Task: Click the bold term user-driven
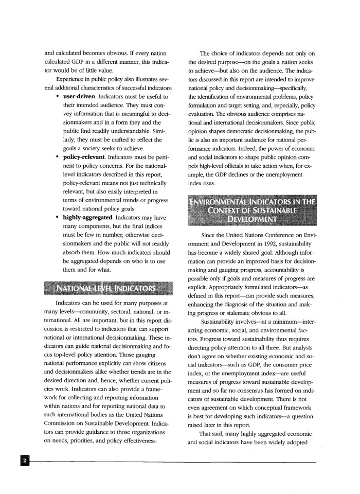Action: (80, 96)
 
